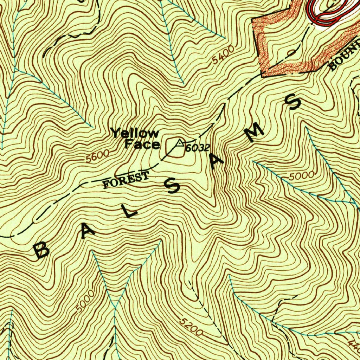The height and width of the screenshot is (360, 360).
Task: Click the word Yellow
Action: coord(135,133)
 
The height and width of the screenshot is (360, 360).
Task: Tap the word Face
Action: coord(142,144)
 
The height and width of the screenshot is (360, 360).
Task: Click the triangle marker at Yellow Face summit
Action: coord(179,142)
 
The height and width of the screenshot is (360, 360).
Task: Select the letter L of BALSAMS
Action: coord(130,210)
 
